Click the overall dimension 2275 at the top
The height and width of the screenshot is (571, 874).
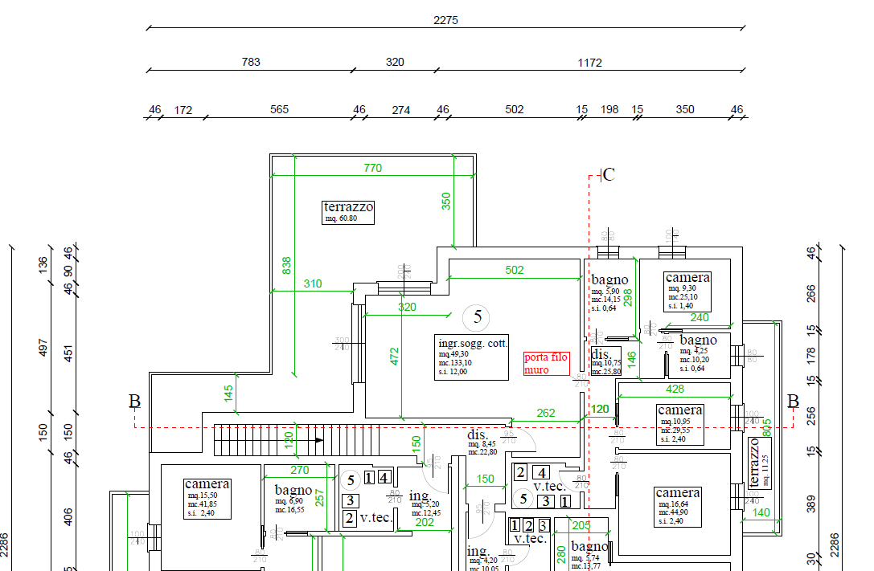point(445,20)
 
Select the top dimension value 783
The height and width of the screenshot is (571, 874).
point(251,62)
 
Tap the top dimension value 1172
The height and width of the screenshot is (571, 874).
point(589,62)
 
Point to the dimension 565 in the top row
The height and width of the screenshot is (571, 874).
point(279,109)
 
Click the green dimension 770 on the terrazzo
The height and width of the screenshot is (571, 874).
point(372,168)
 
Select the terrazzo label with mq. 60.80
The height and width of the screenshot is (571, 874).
point(348,212)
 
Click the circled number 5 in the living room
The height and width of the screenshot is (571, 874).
point(478,317)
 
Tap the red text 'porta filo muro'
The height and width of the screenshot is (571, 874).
point(546,364)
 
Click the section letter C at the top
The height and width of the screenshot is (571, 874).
point(609,174)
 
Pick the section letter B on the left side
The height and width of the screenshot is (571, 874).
point(134,401)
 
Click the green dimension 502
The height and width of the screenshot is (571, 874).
point(515,270)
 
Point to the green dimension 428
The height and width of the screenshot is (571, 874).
point(675,389)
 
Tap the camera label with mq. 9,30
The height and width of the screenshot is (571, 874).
point(687,290)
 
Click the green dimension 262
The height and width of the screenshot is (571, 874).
point(546,413)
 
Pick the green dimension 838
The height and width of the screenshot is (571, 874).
point(287,265)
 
